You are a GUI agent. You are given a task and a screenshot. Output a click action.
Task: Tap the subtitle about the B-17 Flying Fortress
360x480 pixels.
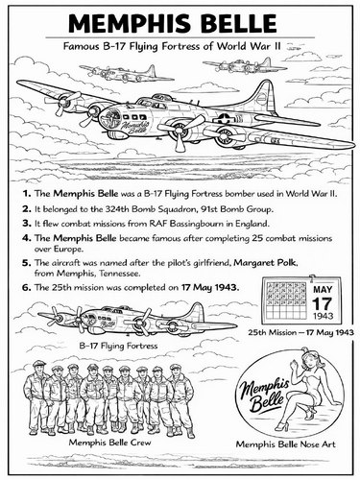pos(180,46)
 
